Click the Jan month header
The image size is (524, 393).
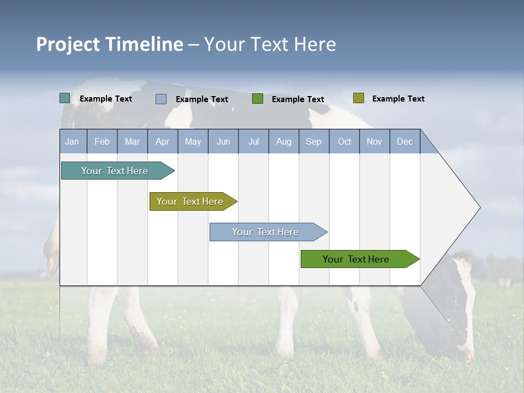pos(73,141)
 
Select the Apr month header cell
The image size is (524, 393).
pos(163,141)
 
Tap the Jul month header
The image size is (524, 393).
pos(253,141)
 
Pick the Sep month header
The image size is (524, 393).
pos(314,141)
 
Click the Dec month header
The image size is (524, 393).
pos(404,141)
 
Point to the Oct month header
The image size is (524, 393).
pos(344,141)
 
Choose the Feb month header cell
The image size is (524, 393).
pos(102,141)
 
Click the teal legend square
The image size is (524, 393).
pos(64,98)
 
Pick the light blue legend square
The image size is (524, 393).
pos(161,99)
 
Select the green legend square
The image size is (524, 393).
pos(258,99)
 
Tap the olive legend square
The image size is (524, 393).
pos(358,98)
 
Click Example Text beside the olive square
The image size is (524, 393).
pos(398,99)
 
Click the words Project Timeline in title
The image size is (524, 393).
pos(110,44)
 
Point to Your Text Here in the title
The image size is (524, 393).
pos(270,44)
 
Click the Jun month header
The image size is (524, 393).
pos(223,141)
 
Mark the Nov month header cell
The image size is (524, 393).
pos(374,141)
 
